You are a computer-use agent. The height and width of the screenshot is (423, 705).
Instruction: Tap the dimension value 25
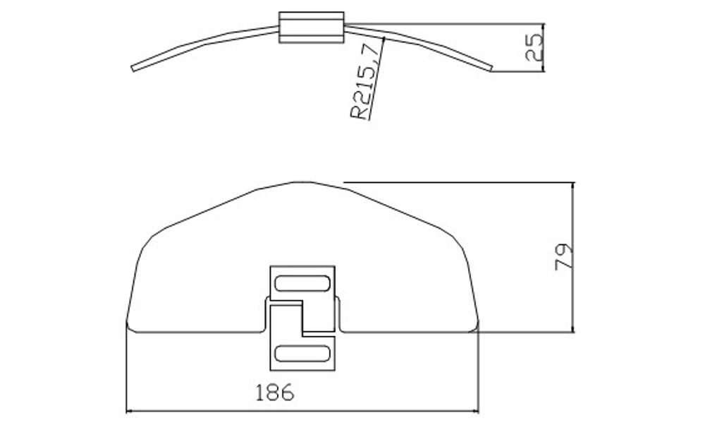535,47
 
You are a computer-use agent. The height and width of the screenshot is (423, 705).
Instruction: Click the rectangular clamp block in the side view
311,28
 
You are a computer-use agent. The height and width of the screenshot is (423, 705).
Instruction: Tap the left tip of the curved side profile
133,68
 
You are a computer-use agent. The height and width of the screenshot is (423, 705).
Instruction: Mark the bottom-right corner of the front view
478,326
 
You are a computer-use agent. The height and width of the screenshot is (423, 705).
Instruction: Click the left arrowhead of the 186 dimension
128,410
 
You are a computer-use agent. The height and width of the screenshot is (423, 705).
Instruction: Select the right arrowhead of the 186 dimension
476,410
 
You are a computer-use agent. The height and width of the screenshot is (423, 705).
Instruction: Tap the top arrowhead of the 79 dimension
574,185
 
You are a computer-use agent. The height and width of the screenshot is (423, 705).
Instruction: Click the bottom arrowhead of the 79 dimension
574,328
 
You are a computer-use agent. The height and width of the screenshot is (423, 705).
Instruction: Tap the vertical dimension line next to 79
574,226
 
